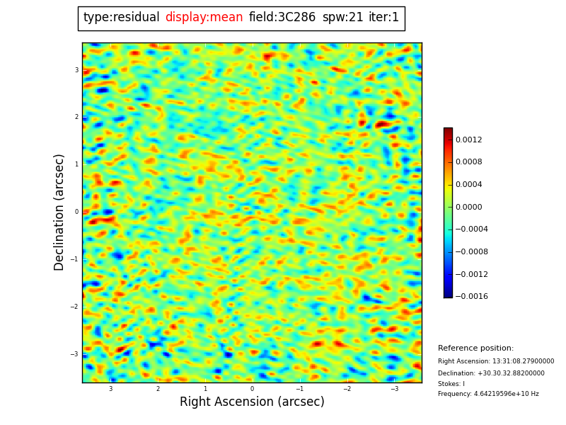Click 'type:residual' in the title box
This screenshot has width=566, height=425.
[121, 18]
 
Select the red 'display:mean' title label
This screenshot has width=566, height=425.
[204, 18]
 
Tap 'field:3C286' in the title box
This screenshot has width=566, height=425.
[282, 18]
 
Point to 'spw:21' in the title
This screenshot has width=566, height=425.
[342, 18]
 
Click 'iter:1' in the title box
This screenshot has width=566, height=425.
[383, 18]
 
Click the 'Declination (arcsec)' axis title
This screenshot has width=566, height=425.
[59, 212]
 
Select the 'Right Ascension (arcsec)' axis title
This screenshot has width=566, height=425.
[252, 402]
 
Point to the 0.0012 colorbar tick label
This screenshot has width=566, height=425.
[468, 140]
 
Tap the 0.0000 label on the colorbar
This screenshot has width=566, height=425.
[468, 207]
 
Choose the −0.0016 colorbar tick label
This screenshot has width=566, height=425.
[470, 296]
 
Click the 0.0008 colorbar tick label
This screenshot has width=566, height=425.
[468, 161]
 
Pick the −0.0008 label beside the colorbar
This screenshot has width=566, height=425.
[470, 251]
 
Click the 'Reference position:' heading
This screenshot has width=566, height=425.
[475, 348]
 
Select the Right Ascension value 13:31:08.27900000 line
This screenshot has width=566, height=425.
[496, 361]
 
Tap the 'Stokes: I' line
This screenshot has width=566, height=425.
[451, 384]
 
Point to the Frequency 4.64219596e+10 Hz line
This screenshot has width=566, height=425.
[488, 394]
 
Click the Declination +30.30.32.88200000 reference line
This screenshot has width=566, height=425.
[491, 373]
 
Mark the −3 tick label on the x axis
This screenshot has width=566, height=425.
[394, 389]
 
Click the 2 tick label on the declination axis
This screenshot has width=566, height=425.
[76, 117]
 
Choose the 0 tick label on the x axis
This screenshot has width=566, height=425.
[252, 389]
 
